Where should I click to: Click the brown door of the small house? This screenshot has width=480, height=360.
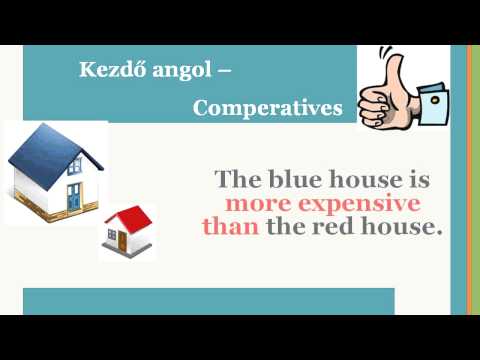pyautogui.click(x=123, y=241)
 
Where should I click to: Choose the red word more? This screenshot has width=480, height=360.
pyautogui.click(x=255, y=204)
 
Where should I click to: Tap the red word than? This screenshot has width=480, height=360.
pyautogui.click(x=231, y=227)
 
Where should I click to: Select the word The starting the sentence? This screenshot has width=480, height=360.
pyautogui.click(x=238, y=181)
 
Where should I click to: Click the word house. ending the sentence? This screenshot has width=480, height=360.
pyautogui.click(x=406, y=227)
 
